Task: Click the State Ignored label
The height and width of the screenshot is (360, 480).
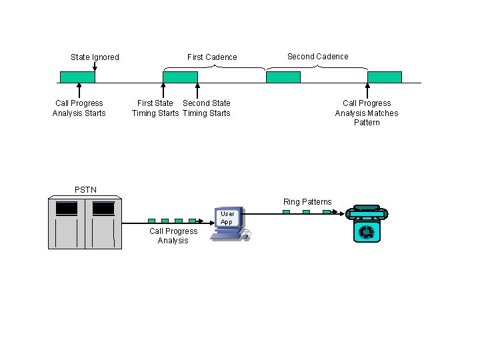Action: [95, 57]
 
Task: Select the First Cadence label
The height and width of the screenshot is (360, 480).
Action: [212, 57]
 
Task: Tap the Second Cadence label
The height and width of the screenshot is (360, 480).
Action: [317, 57]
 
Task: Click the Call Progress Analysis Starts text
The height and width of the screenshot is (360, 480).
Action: [79, 108]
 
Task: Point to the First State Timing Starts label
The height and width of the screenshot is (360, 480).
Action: [155, 108]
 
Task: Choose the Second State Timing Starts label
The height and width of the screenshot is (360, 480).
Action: [207, 108]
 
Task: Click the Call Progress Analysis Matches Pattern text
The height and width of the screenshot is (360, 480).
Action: [367, 113]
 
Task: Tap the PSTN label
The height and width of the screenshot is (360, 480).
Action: [85, 190]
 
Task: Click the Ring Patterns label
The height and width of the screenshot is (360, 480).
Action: [307, 202]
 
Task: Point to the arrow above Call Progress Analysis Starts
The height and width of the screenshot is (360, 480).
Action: [79, 91]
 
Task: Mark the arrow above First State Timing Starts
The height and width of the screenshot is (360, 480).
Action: [163, 91]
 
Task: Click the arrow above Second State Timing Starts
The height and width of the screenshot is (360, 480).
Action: [197, 91]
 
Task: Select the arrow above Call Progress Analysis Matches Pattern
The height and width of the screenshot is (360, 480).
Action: [367, 91]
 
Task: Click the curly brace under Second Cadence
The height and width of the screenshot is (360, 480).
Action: [317, 67]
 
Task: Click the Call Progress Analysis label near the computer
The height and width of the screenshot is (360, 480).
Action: [173, 236]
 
